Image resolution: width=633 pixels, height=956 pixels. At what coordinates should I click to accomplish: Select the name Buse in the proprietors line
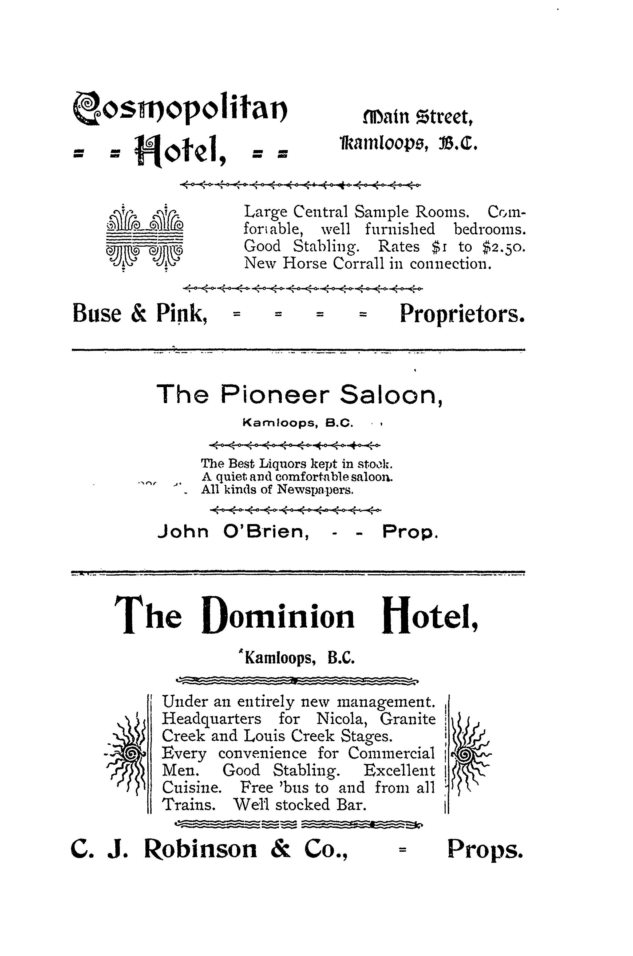pos(97,314)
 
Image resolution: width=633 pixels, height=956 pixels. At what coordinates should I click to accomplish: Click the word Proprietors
pos(462,314)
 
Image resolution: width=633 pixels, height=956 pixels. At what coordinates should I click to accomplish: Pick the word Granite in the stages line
pos(408,719)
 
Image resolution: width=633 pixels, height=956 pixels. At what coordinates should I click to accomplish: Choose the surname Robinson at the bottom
pos(200,849)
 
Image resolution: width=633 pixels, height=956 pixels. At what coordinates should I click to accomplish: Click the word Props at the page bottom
pos(485,849)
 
